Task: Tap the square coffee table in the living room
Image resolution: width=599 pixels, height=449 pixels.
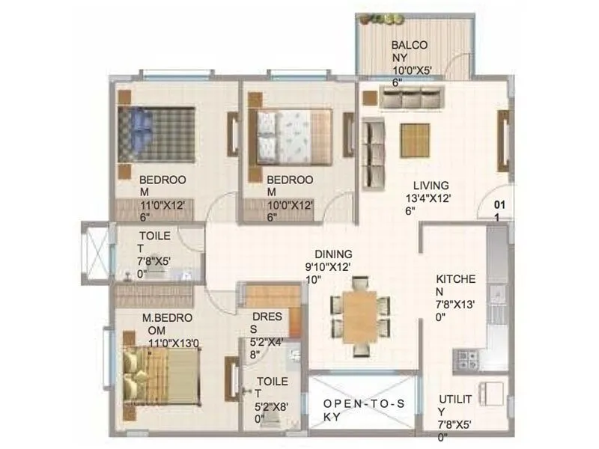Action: [x=414, y=139]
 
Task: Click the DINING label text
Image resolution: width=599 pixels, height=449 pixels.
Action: [x=333, y=254]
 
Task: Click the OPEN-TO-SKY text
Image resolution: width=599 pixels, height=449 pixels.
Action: [x=364, y=411]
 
